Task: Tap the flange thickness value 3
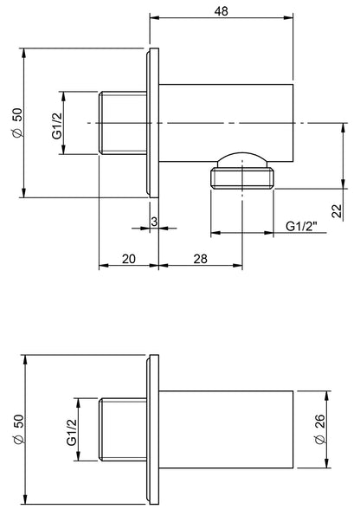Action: click(x=153, y=222)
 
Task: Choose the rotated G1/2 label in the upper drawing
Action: click(x=56, y=124)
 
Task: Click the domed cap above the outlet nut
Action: click(x=241, y=160)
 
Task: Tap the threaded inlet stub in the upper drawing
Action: click(x=125, y=124)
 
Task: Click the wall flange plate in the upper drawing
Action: click(x=153, y=124)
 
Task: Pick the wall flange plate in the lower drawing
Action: click(x=153, y=430)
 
